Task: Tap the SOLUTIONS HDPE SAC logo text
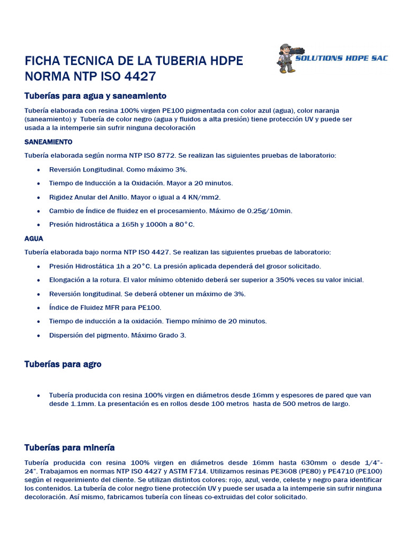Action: [x=341, y=58]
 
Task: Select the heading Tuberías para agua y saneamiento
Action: [x=95, y=96]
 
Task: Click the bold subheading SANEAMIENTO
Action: [x=48, y=142]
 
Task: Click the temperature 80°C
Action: [x=183, y=224]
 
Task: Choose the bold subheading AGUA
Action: [x=34, y=238]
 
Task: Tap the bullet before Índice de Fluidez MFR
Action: [x=39, y=308]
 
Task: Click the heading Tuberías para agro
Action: [x=63, y=364]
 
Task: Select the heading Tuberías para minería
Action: [x=69, y=447]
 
